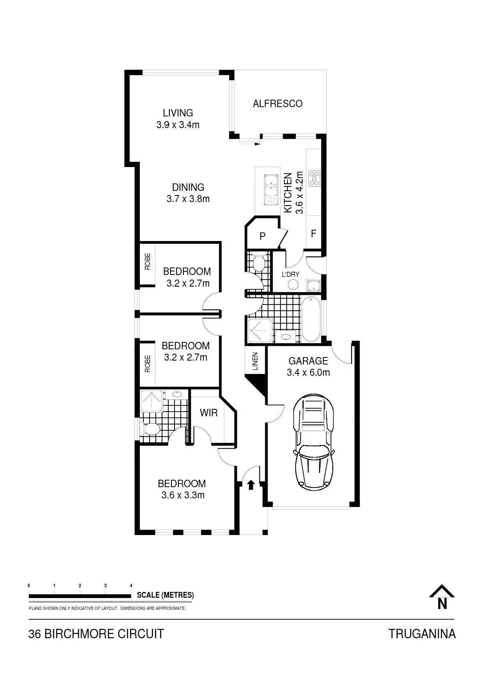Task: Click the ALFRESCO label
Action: (277, 104)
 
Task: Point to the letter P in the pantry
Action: (263, 236)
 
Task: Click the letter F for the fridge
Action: (314, 234)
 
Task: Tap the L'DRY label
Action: (291, 275)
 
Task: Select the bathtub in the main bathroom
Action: (311, 319)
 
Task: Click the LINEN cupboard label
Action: (255, 361)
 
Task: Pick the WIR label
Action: (209, 413)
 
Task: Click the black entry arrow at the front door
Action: (251, 484)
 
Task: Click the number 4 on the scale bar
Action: (131, 586)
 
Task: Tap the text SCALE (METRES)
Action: (165, 595)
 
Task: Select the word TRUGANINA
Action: (422, 634)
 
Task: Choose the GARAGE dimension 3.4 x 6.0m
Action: (308, 373)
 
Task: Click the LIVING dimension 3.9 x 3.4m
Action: (178, 125)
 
